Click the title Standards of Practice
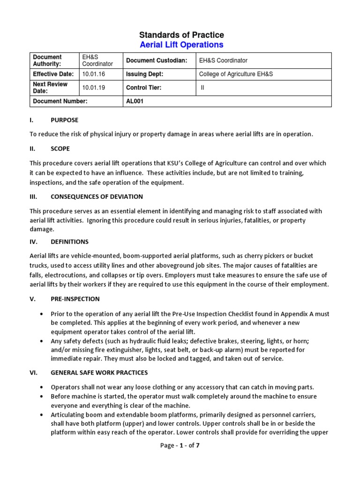[181, 35]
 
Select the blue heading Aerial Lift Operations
[181, 45]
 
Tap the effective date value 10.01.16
[93, 74]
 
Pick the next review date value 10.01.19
[93, 87]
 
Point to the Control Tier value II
[202, 87]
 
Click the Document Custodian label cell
[156, 60]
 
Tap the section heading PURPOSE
[64, 120]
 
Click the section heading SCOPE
[60, 149]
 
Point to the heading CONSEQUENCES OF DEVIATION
[97, 196]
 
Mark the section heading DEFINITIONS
[69, 242]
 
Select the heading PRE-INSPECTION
[75, 299]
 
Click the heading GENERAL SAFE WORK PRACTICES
[99, 373]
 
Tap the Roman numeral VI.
[33, 373]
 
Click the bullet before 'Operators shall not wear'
[43, 387]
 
